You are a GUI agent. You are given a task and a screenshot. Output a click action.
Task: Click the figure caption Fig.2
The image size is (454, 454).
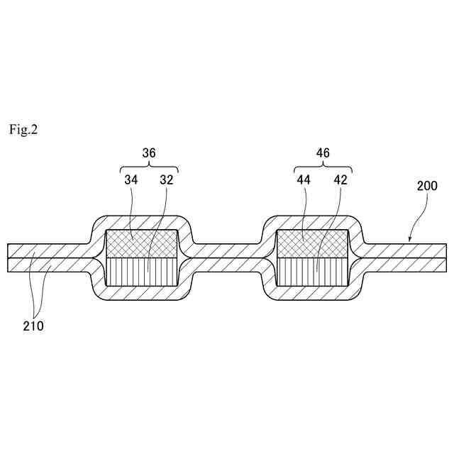(x=23, y=130)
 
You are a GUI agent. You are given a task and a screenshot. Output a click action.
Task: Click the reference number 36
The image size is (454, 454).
(x=149, y=153)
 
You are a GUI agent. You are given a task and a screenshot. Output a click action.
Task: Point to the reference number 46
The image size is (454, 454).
(x=323, y=153)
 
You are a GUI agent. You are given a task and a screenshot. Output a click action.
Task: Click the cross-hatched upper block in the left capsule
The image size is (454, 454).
(x=141, y=243)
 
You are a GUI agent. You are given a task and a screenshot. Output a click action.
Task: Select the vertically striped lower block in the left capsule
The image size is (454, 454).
(x=141, y=272)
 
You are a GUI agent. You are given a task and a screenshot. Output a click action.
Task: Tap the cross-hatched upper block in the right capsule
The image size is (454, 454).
(x=312, y=243)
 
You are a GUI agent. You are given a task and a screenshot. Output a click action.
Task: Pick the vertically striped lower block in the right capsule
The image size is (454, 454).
(x=312, y=272)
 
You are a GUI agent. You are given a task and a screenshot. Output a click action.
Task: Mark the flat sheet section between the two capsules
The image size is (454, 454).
(x=227, y=258)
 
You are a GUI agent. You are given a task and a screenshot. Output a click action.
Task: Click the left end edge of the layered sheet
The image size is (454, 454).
(x=8, y=258)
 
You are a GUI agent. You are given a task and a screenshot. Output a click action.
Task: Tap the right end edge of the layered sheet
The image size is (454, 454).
(x=446, y=258)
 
